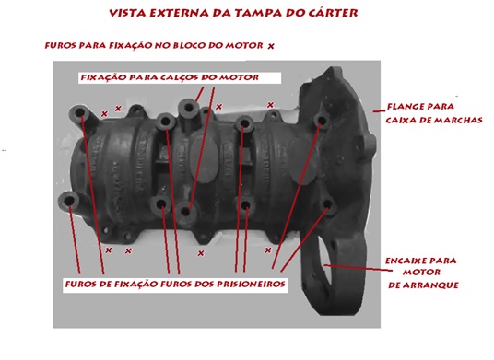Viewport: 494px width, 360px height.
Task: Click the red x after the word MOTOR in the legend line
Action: click(271, 46)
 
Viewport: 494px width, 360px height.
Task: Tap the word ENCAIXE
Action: click(402, 261)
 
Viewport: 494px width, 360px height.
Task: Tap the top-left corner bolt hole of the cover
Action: click(79, 112)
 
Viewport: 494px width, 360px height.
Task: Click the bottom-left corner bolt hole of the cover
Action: click(69, 201)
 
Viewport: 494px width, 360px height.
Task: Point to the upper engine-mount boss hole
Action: click(189, 108)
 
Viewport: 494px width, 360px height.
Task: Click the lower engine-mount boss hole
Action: click(186, 211)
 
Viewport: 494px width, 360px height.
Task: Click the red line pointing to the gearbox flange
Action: click(379, 110)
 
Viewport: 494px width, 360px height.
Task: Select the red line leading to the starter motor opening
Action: click(359, 268)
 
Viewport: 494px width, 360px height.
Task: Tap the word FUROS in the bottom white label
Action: click(79, 285)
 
